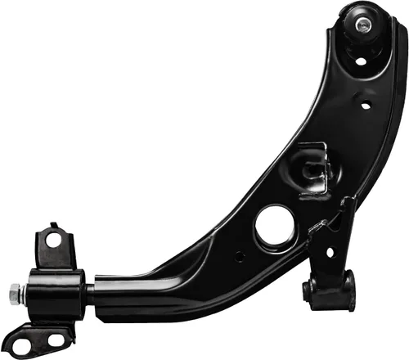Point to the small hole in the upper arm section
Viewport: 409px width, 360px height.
click(x=366, y=104)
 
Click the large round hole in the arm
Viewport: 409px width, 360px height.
click(x=274, y=225)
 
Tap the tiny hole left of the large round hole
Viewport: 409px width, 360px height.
click(x=239, y=255)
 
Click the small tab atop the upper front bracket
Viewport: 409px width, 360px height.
click(x=52, y=225)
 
